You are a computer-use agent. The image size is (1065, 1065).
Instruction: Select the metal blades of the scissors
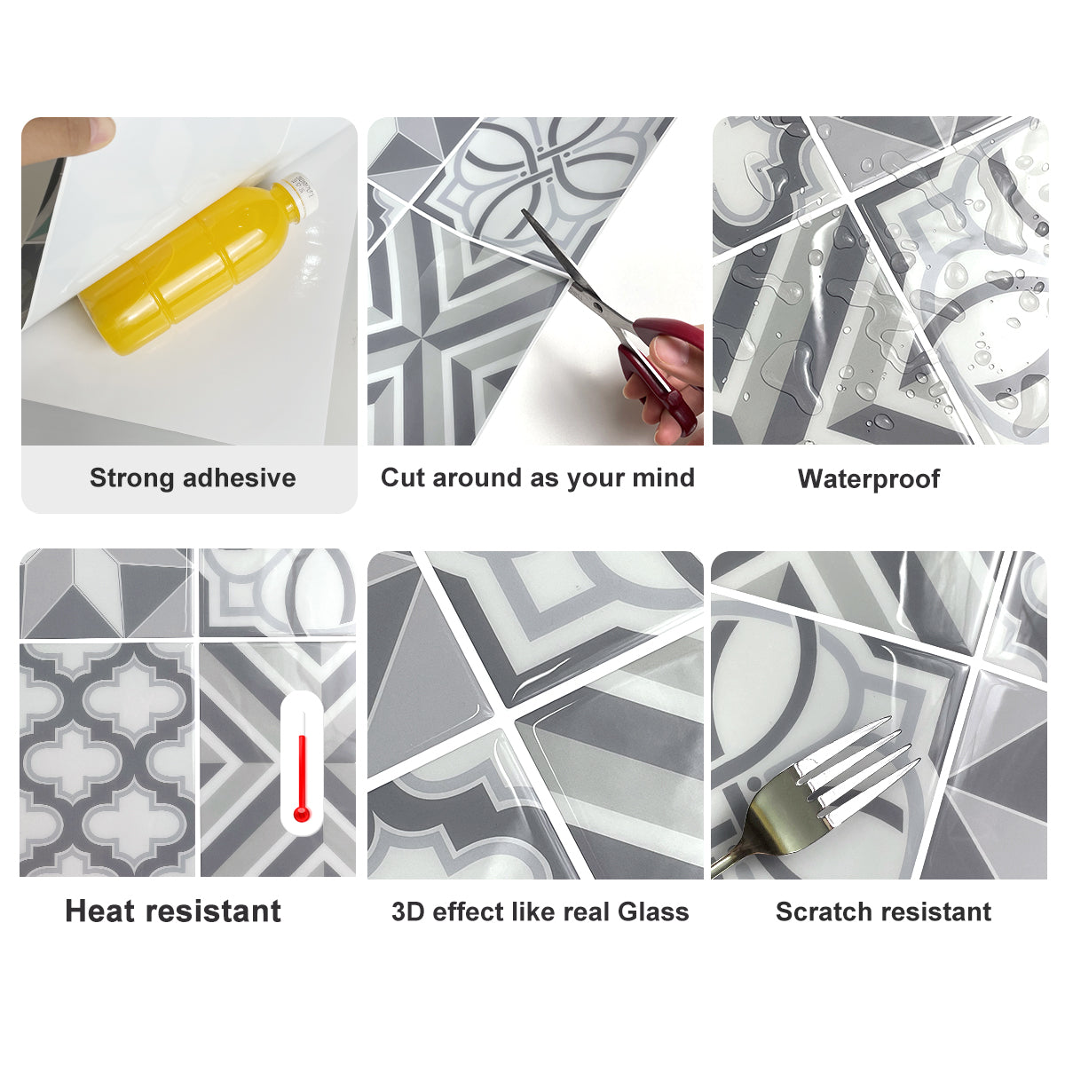pyautogui.click(x=568, y=266)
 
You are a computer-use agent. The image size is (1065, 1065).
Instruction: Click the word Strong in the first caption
pyautogui.click(x=132, y=478)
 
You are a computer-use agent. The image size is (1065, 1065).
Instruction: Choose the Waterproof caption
pyautogui.click(x=868, y=479)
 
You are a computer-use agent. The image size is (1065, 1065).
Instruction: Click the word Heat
pyautogui.click(x=100, y=911)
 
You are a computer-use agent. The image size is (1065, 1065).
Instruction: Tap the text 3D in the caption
pyautogui.click(x=407, y=912)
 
